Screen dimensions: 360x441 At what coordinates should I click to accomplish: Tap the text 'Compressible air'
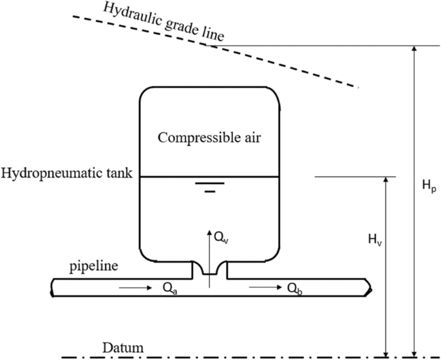tap(209, 137)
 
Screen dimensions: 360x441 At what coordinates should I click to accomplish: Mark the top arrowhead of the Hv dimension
tap(386, 181)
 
